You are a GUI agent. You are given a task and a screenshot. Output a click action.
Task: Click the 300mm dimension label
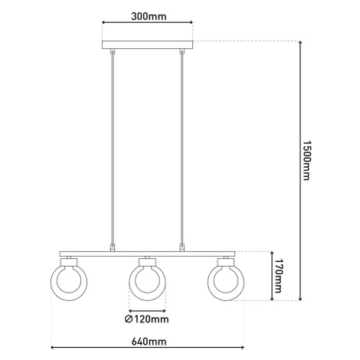(149, 16)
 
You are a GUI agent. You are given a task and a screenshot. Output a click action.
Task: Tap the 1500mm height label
(306, 160)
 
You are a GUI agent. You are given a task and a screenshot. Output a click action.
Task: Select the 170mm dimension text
(277, 276)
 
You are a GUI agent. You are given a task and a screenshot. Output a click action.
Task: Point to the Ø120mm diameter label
(147, 319)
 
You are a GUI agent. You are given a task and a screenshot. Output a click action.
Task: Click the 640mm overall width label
(149, 342)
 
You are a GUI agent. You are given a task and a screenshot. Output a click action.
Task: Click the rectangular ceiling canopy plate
(147, 44)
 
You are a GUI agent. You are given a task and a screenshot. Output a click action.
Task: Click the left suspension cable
(113, 149)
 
